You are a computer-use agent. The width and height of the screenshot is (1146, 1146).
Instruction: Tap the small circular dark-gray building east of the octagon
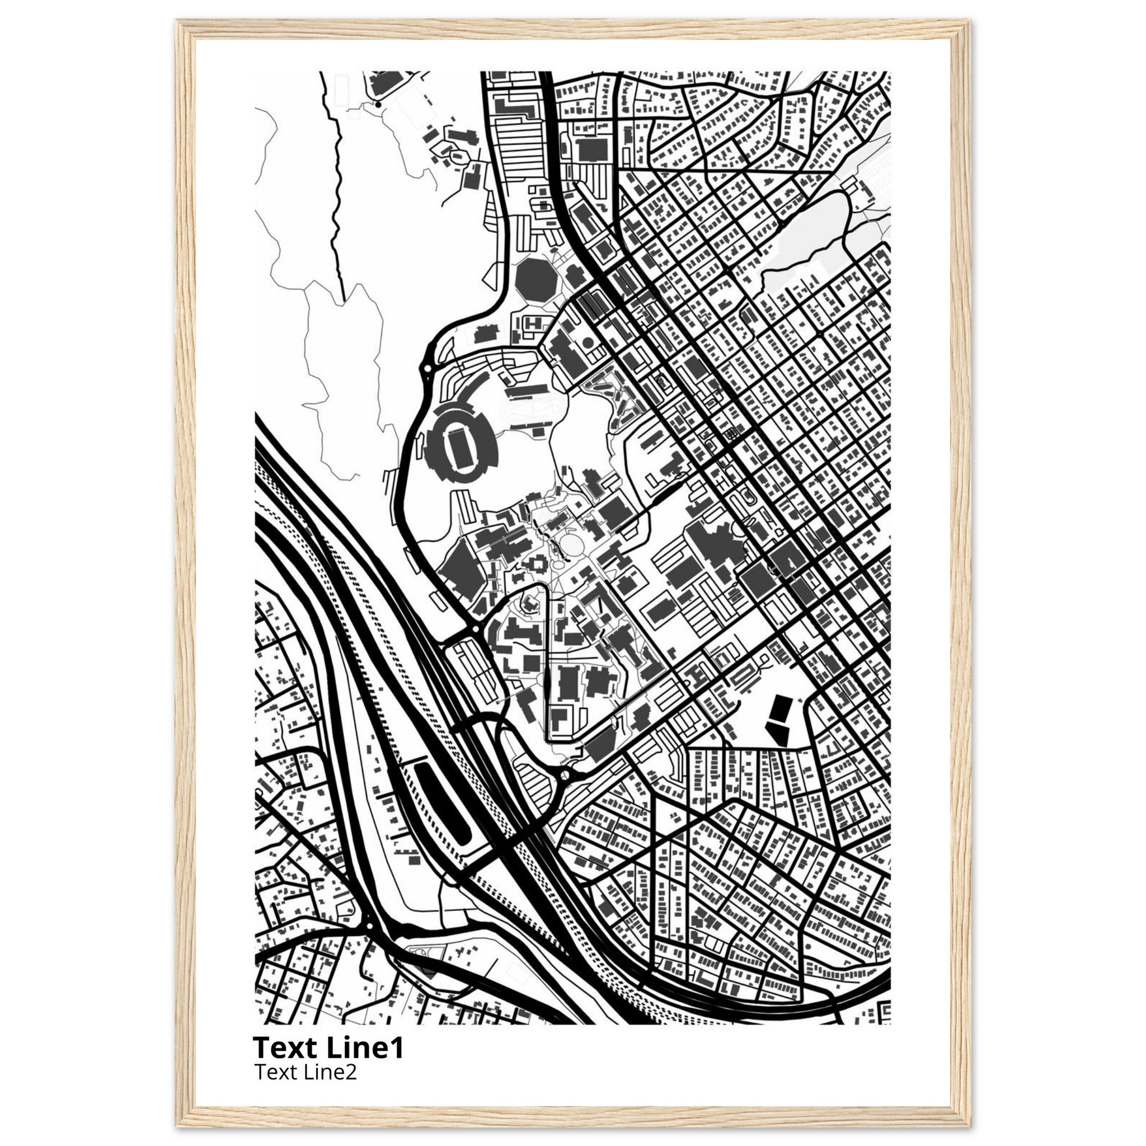click(588, 342)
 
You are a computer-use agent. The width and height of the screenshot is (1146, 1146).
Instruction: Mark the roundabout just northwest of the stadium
click(427, 369)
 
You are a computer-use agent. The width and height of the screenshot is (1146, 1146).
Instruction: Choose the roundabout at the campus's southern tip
click(564, 774)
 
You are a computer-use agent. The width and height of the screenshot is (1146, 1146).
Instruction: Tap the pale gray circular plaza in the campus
click(571, 542)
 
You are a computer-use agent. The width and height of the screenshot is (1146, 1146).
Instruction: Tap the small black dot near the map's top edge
click(378, 105)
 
